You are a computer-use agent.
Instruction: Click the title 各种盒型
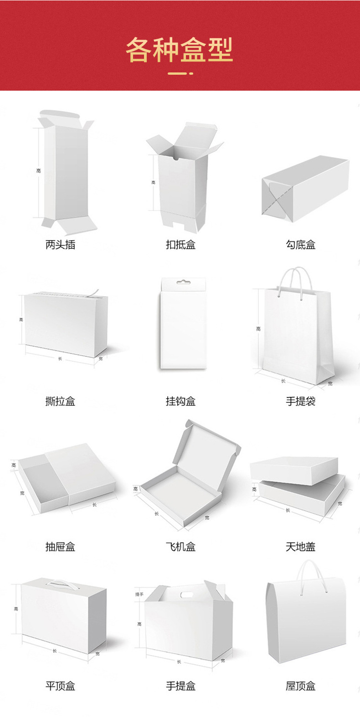coord(180,50)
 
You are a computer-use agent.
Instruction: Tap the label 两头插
coord(60,245)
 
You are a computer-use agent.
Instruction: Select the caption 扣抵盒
coord(180,245)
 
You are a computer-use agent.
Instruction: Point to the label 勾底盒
coord(301,245)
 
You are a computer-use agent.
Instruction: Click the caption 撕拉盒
coord(60,401)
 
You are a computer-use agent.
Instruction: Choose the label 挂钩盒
coord(180,401)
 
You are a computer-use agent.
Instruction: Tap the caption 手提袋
coord(301,401)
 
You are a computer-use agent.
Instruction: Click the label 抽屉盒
coord(60,547)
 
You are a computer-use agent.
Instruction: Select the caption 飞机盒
coord(180,547)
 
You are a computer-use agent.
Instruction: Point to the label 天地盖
coord(301,547)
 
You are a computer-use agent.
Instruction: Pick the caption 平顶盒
coord(60,686)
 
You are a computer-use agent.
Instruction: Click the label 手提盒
coord(180,686)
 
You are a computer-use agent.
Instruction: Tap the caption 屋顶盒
coord(301,686)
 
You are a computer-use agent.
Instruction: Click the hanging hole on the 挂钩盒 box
coord(183,282)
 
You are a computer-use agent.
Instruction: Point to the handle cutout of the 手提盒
coord(187,595)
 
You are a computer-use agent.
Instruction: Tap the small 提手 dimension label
coord(139,594)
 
